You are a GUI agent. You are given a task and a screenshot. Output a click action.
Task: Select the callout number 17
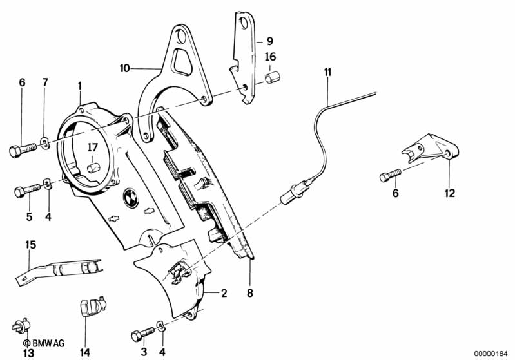pyautogui.click(x=93, y=147)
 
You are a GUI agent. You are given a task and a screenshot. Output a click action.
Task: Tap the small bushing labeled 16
pyautogui.click(x=272, y=78)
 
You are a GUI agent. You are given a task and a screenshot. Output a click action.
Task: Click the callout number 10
pyautogui.click(x=125, y=68)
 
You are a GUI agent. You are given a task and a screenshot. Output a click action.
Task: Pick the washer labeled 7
pyautogui.click(x=45, y=142)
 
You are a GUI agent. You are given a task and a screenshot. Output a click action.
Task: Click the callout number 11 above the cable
pyautogui.click(x=328, y=72)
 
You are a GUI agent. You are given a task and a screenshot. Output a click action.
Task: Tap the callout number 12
pyautogui.click(x=450, y=193)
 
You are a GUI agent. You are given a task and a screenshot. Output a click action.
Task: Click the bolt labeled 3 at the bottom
pyautogui.click(x=142, y=334)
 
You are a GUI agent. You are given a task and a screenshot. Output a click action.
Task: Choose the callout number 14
pyautogui.click(x=84, y=352)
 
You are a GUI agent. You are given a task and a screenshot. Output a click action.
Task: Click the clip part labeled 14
pyautogui.click(x=93, y=306)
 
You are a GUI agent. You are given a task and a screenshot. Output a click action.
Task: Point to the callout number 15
pyautogui.click(x=30, y=245)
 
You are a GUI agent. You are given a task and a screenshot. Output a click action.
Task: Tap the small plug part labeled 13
pyautogui.click(x=21, y=326)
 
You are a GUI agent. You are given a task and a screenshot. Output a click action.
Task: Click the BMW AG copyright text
pyautogui.click(x=44, y=343)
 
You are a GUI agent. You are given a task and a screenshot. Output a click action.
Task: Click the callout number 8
pyautogui.click(x=250, y=293)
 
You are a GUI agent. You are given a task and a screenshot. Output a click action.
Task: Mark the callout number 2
pyautogui.click(x=224, y=293)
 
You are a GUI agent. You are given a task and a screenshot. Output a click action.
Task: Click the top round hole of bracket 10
pyautogui.click(x=180, y=36)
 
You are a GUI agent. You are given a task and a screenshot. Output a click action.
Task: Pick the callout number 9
pyautogui.click(x=270, y=41)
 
